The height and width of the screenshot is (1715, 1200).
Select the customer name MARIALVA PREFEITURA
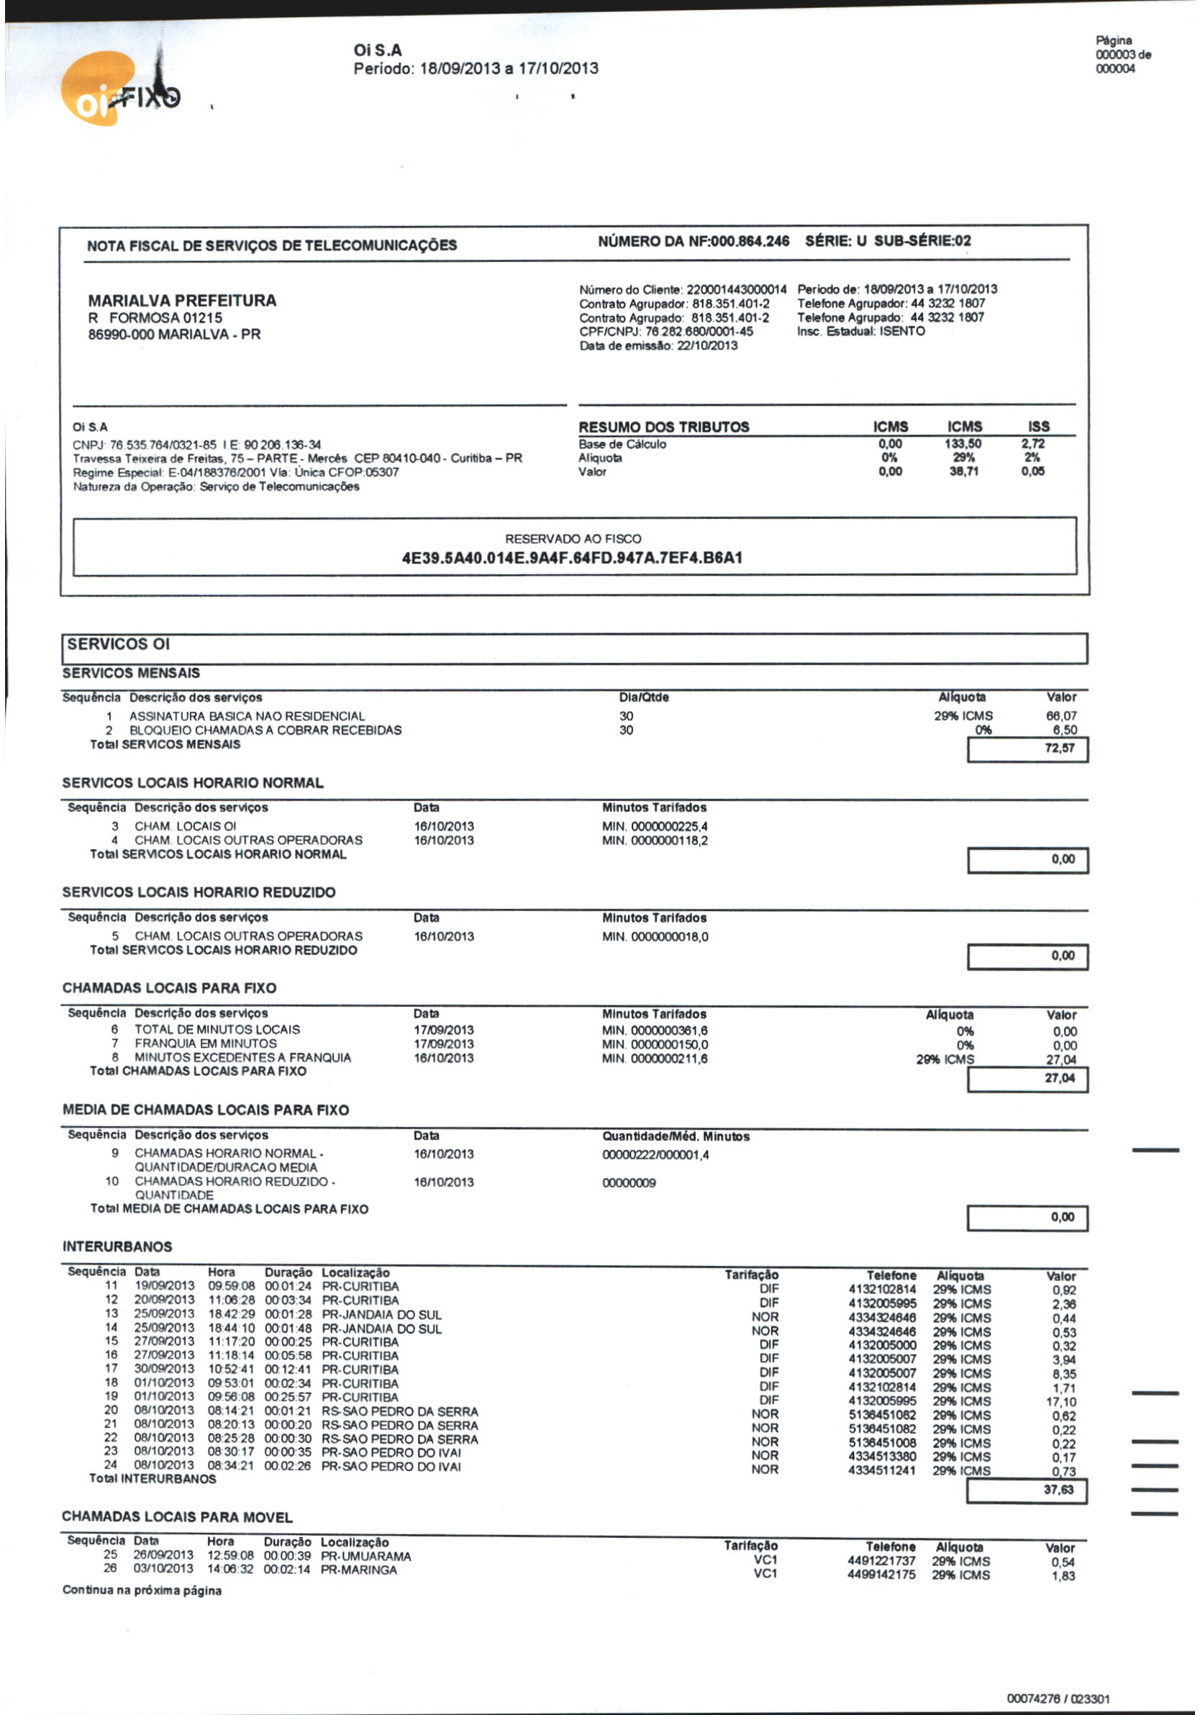(x=182, y=301)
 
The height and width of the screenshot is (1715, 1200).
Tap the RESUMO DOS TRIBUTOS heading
(x=664, y=427)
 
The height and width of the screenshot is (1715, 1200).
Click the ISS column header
(x=1038, y=427)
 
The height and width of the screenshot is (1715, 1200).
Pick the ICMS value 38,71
(x=963, y=471)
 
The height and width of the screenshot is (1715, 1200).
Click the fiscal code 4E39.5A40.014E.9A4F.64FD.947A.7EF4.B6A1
(x=572, y=558)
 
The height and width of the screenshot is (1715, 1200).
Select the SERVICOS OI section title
(x=119, y=644)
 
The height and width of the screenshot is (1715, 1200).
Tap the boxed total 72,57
(x=1060, y=748)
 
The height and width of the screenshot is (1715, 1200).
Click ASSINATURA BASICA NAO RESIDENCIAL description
(x=247, y=715)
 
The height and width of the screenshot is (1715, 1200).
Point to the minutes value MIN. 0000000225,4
(x=655, y=826)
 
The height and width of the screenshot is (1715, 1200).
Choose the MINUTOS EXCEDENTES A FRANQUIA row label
(x=242, y=1058)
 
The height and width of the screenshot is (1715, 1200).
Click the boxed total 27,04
(x=1060, y=1078)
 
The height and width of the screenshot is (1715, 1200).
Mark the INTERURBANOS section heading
(x=117, y=1246)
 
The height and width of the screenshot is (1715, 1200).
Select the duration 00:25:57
(x=288, y=1397)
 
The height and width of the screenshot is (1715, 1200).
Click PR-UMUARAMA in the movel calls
(x=366, y=1557)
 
